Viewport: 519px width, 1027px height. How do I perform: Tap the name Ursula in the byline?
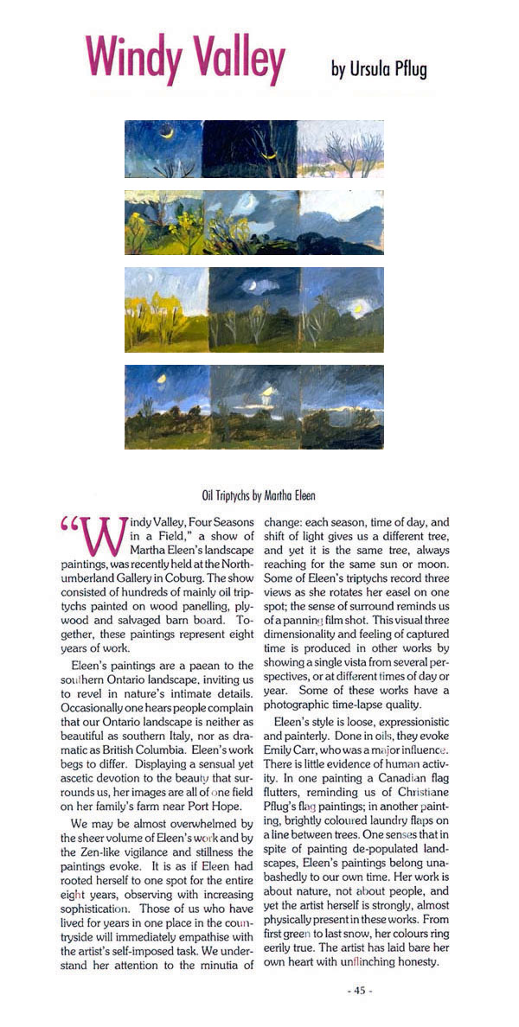pos(374,69)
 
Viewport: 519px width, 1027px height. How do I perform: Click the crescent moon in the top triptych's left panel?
pos(170,132)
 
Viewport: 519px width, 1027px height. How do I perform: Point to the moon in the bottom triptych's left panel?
pos(161,378)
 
